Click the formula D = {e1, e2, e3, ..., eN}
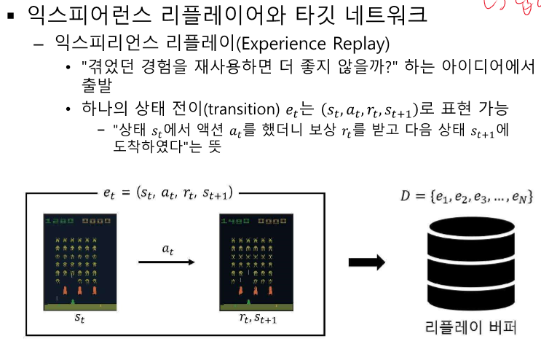(x=462, y=197)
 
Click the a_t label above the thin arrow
(x=168, y=249)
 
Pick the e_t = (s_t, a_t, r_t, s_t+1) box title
(x=169, y=194)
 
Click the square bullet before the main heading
(x=10, y=15)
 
